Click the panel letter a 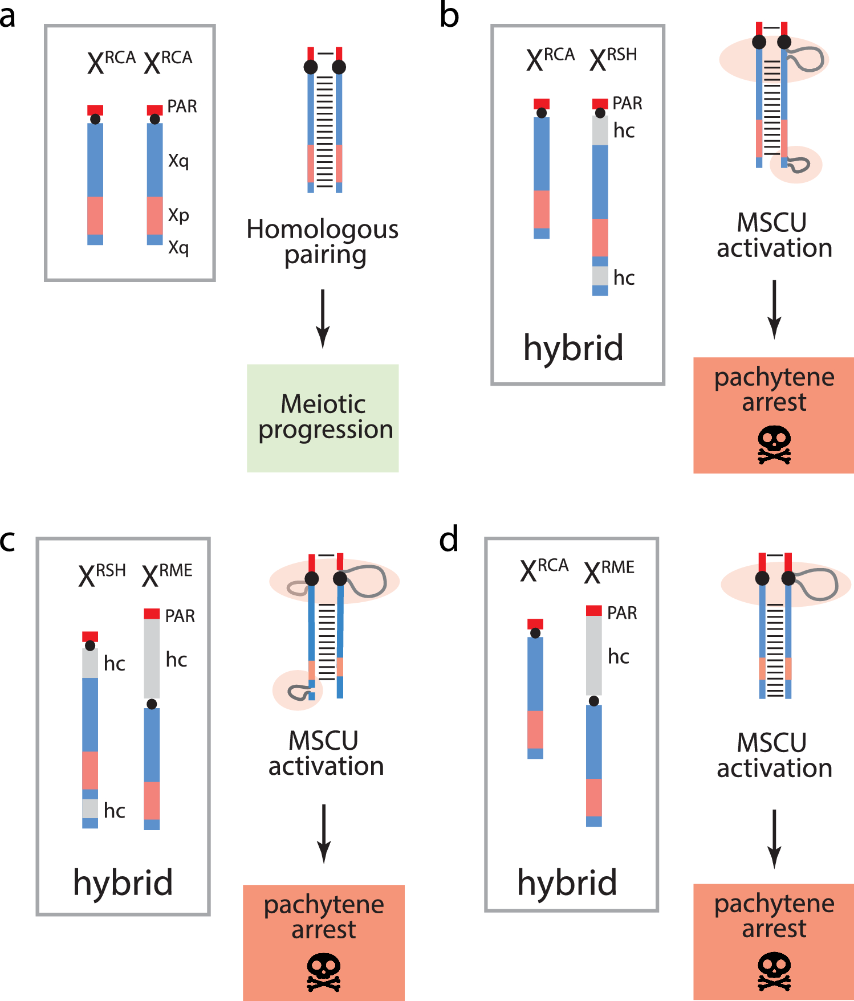(7, 17)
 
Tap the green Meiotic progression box (323, 418)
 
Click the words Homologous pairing (323, 242)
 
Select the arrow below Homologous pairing (323, 318)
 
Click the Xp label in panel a (178, 215)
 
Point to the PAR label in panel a (182, 107)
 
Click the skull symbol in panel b (774, 446)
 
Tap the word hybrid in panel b (573, 348)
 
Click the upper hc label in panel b (624, 131)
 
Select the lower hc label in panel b (624, 278)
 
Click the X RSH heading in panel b (613, 59)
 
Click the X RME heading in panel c (167, 574)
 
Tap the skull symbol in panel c (324, 973)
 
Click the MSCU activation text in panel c (326, 753)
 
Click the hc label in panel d (618, 657)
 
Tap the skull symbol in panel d (774, 971)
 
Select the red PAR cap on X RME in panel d (594, 611)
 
